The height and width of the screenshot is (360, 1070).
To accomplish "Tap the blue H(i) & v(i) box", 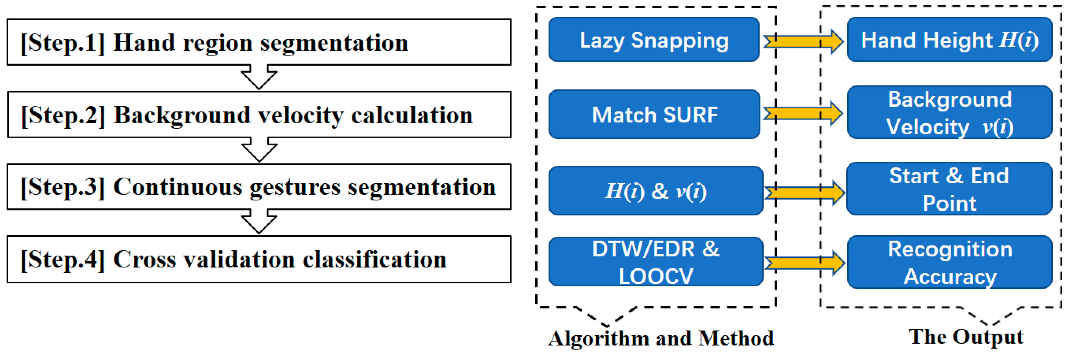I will (655, 191).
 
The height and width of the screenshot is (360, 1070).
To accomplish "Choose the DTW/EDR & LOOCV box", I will (655, 262).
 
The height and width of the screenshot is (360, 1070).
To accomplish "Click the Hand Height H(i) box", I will (949, 40).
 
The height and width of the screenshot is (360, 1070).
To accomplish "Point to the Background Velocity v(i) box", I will (949, 113).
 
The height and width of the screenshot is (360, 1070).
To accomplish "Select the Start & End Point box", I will (949, 189).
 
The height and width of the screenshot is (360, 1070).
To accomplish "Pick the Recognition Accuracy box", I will (949, 262).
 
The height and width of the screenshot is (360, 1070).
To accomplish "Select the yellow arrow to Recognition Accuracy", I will (804, 262).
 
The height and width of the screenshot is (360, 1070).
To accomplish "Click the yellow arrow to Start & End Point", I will (804, 192).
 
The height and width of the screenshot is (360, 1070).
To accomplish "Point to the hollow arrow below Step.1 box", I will (259, 77).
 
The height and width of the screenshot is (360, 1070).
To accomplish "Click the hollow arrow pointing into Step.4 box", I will (259, 221).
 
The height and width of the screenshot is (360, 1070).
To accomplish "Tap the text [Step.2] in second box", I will (63, 115).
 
